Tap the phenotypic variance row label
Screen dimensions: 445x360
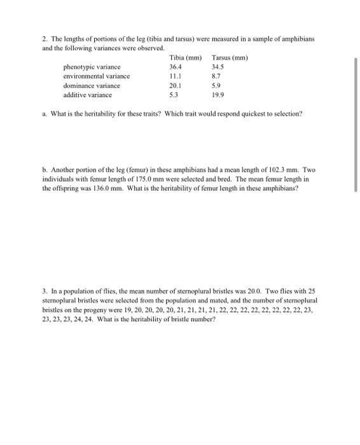pyautogui.click(x=92, y=67)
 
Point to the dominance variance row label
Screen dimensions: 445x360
pyautogui.click(x=92, y=85)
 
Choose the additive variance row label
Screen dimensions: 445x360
pyautogui.click(x=88, y=94)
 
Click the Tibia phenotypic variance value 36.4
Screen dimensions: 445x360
pyautogui.click(x=176, y=67)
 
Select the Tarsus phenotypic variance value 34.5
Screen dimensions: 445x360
pyautogui.click(x=219, y=67)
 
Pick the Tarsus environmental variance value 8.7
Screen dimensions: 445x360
pyautogui.click(x=217, y=76)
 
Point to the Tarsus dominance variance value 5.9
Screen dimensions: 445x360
pyautogui.click(x=217, y=85)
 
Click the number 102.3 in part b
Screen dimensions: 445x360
pyautogui.click(x=274, y=170)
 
